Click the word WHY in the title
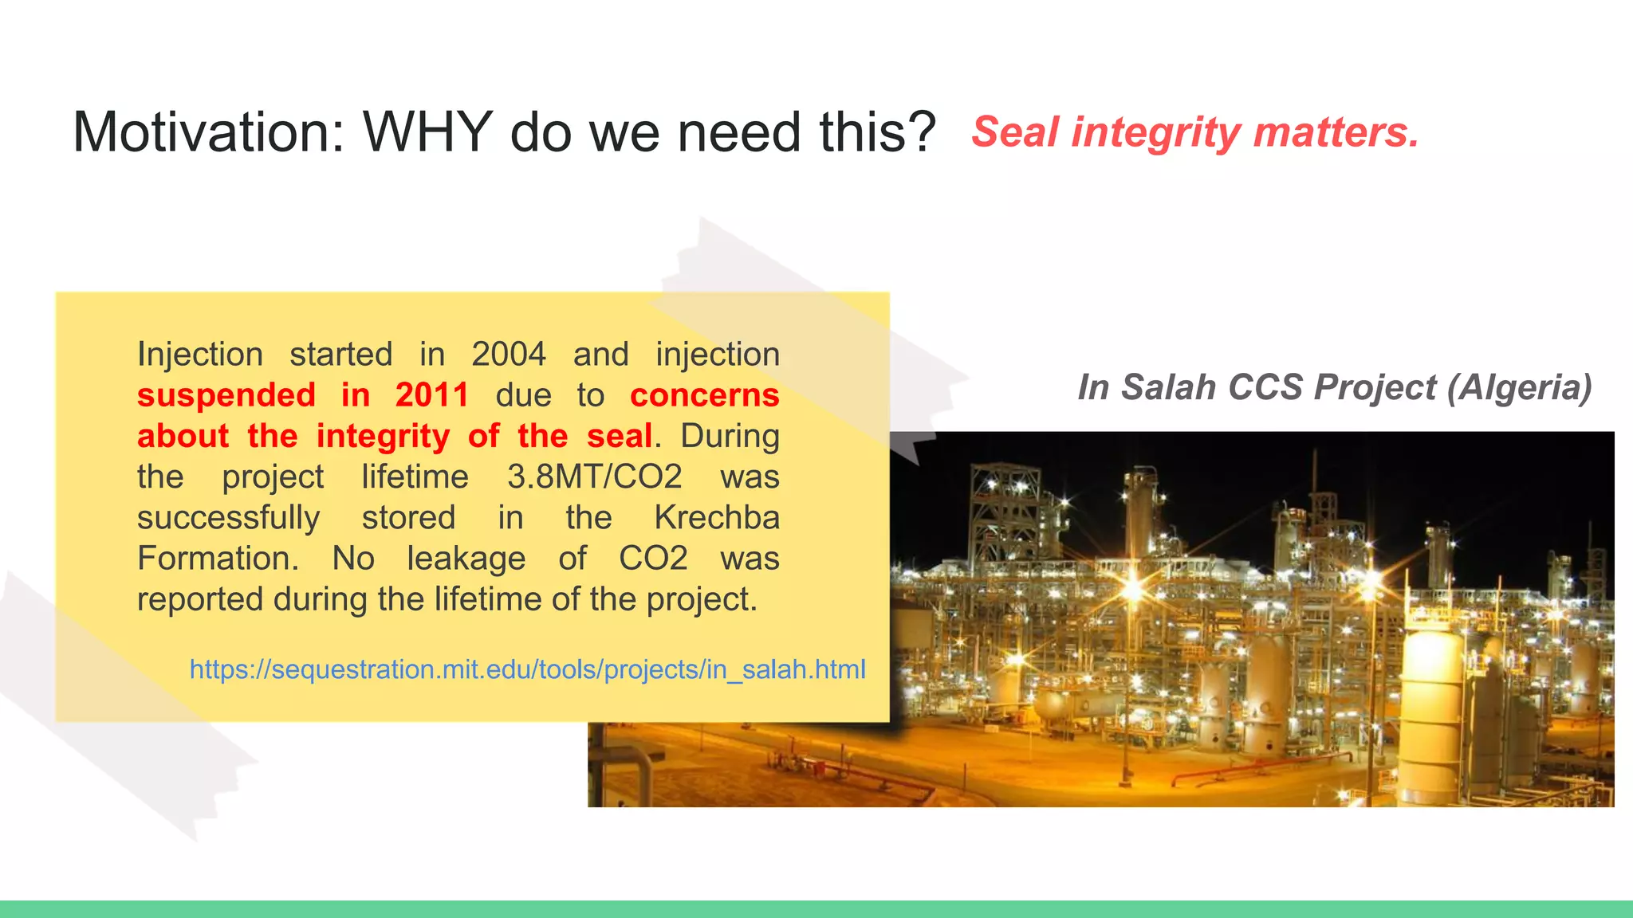click(x=428, y=131)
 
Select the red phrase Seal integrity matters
click(x=1194, y=131)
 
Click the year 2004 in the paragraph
click(x=508, y=354)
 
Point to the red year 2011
click(x=431, y=395)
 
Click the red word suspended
click(x=226, y=395)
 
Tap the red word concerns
click(x=704, y=395)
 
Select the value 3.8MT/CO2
click(x=594, y=477)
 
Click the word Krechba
click(x=717, y=517)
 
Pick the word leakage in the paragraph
click(x=466, y=559)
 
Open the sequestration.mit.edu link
click(x=527, y=669)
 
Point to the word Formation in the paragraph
click(x=218, y=558)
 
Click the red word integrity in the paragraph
click(x=383, y=436)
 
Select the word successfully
click(x=229, y=518)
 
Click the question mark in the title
click(x=922, y=131)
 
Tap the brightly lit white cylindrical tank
click(x=1431, y=701)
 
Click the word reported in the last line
click(x=199, y=599)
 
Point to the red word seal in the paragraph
click(x=620, y=436)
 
